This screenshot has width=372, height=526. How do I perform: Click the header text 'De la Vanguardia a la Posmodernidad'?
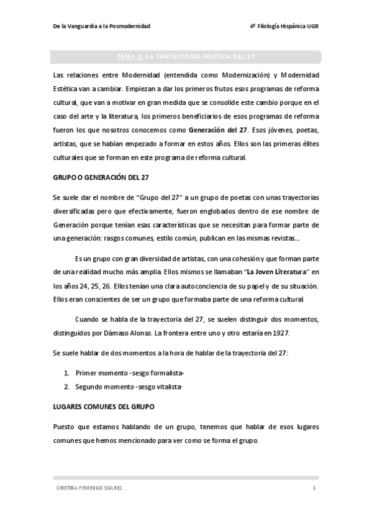(x=101, y=27)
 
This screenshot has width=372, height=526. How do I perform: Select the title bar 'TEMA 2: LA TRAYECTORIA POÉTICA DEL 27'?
(x=186, y=57)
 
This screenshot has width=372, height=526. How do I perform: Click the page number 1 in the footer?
(x=314, y=488)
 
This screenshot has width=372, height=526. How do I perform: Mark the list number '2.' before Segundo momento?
(x=66, y=387)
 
